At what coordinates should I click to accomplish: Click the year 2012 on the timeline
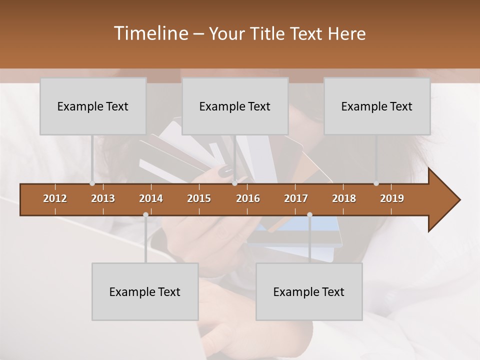tap(55, 198)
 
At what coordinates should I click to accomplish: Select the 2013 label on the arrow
tap(103, 198)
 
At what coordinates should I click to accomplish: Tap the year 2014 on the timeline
tap(151, 198)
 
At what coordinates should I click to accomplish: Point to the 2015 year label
tap(199, 198)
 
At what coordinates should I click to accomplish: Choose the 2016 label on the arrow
tap(248, 198)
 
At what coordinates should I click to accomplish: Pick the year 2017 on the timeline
tap(296, 198)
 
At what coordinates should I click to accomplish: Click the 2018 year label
tap(344, 198)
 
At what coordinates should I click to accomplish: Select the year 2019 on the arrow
tap(392, 198)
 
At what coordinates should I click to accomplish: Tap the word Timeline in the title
tap(150, 33)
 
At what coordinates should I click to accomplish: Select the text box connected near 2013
tap(93, 106)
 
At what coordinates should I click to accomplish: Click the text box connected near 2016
tap(235, 106)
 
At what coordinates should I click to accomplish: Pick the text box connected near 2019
tap(377, 106)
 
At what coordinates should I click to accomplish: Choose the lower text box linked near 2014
tap(145, 291)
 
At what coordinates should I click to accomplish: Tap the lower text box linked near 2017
tap(309, 291)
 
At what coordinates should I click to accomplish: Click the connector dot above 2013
tap(92, 183)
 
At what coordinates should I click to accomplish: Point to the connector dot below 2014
tap(145, 214)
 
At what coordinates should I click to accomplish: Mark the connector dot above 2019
tap(376, 183)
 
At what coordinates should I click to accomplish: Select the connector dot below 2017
tap(309, 214)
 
